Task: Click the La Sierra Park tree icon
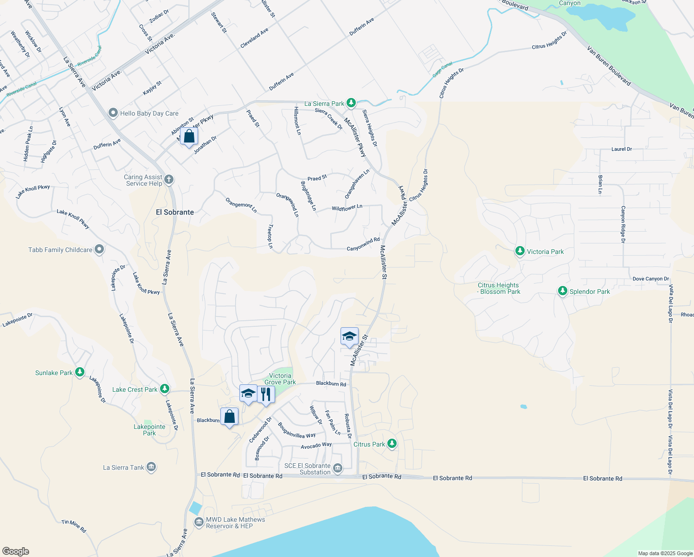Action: click(x=352, y=103)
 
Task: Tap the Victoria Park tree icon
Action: click(x=520, y=252)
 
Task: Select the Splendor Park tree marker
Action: click(x=562, y=291)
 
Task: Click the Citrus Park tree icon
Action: click(x=392, y=444)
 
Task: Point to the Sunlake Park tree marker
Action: click(x=80, y=372)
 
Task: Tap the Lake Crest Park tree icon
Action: click(x=164, y=389)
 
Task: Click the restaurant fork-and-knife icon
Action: click(x=266, y=394)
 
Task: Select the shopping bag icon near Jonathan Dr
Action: click(x=189, y=136)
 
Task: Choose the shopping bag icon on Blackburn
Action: click(x=230, y=416)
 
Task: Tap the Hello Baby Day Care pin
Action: click(x=113, y=113)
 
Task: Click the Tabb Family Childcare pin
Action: click(x=99, y=250)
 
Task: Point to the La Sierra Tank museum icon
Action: click(x=151, y=467)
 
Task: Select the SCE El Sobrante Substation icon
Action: click(x=338, y=468)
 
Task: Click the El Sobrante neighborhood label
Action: click(x=175, y=212)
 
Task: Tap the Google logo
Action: click(x=16, y=551)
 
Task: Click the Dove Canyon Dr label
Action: click(x=650, y=279)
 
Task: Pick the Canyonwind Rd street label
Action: click(x=363, y=245)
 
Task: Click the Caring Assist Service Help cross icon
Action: click(x=169, y=179)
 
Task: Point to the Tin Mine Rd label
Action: click(x=74, y=525)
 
